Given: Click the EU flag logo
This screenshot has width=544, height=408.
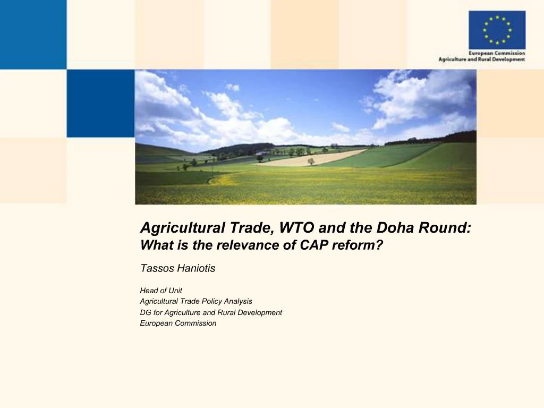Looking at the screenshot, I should pyautogui.click(x=497, y=30).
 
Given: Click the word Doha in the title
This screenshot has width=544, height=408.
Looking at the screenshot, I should pyautogui.click(x=394, y=228).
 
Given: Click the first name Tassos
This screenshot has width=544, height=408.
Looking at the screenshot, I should pyautogui.click(x=156, y=268).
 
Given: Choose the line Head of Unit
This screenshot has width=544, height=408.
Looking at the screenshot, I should pyautogui.click(x=161, y=291).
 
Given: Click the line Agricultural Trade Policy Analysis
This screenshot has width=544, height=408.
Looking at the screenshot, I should pyautogui.click(x=196, y=301).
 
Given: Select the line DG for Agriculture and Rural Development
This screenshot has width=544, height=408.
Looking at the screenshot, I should pyautogui.click(x=211, y=312).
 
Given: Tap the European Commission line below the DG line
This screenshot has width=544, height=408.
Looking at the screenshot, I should pyautogui.click(x=178, y=323).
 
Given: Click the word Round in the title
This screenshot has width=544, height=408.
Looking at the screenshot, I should pyautogui.click(x=444, y=228).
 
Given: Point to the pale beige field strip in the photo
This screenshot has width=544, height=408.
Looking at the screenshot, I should pyautogui.click(x=313, y=158).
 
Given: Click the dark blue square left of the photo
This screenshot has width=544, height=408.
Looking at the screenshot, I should pyautogui.click(x=100, y=104).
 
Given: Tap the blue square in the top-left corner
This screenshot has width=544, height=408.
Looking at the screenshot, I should pyautogui.click(x=33, y=35).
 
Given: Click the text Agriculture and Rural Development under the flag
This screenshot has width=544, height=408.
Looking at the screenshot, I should pyautogui.click(x=481, y=59).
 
